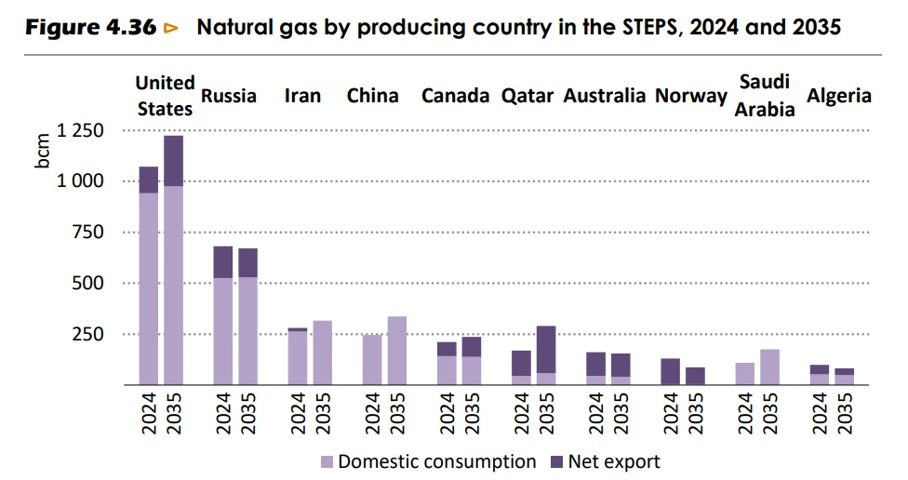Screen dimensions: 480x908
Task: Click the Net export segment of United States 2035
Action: pyautogui.click(x=173, y=161)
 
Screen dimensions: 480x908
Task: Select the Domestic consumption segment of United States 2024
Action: pyautogui.click(x=148, y=288)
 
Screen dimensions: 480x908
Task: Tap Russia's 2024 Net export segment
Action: pyautogui.click(x=222, y=262)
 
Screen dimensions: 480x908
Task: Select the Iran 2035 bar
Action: pyautogui.click(x=322, y=353)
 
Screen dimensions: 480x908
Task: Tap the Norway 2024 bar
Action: pyautogui.click(x=670, y=371)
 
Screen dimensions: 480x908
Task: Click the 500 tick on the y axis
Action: pyautogui.click(x=91, y=283)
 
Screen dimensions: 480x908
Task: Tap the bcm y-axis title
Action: pyautogui.click(x=43, y=152)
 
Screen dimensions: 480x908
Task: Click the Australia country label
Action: pyautogui.click(x=604, y=96)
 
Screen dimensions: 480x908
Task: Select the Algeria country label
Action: pyautogui.click(x=838, y=96)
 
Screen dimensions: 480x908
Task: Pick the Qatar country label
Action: pyautogui.click(x=527, y=96)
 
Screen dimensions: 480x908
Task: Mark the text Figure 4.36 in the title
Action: pyautogui.click(x=90, y=28)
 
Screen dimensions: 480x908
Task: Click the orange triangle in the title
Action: pyautogui.click(x=171, y=28)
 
